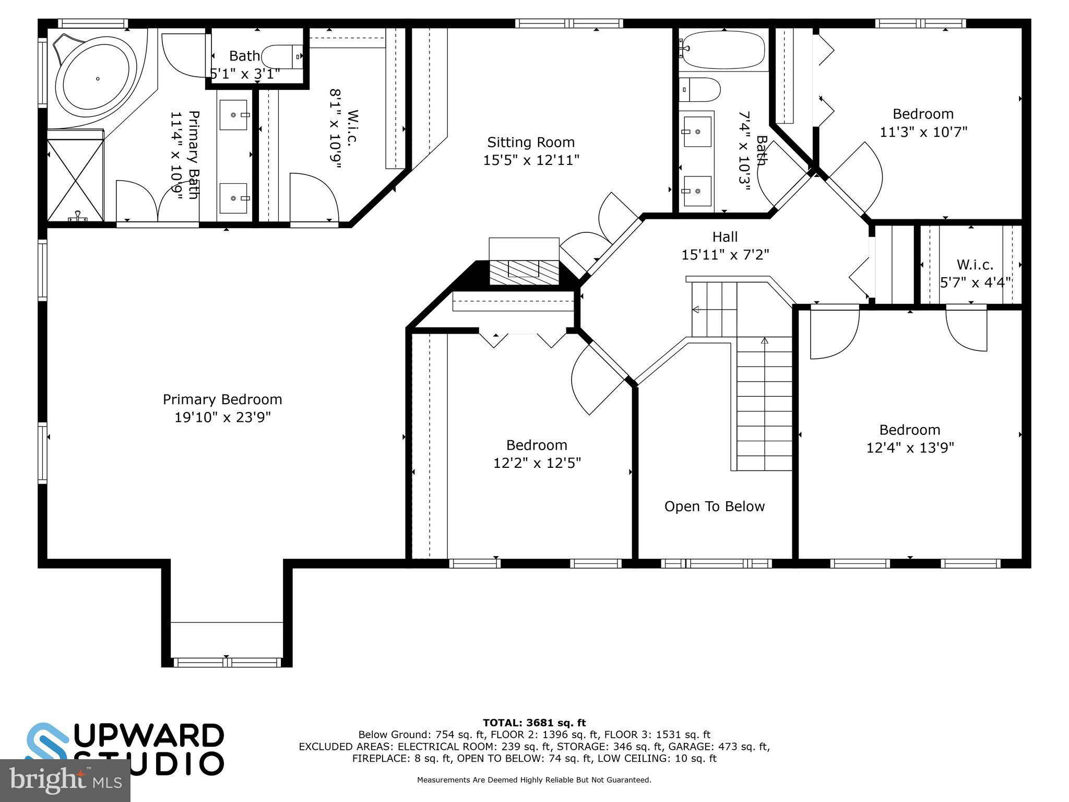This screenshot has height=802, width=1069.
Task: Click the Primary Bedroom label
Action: point(222,399)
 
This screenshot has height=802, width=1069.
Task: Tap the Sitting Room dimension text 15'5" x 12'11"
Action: point(531,160)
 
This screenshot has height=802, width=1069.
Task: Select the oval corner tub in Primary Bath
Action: point(97,79)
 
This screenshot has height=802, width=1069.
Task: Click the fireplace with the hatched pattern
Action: point(524,272)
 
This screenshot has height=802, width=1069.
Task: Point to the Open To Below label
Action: point(714,506)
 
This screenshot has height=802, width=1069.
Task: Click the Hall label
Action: point(725,237)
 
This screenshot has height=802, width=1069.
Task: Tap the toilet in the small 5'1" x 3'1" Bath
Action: point(282,56)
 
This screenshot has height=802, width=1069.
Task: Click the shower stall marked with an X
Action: point(75,179)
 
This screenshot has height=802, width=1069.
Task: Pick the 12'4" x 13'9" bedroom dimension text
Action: point(910,448)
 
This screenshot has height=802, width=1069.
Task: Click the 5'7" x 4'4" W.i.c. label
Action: point(975,265)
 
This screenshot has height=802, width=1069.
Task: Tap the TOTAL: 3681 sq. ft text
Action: point(534,723)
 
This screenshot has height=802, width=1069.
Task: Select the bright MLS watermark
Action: point(65,780)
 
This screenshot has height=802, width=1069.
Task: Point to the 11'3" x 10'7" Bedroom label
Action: point(923,114)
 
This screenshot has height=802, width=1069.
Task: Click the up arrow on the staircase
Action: point(765,341)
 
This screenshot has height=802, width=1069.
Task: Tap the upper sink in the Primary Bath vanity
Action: point(233,115)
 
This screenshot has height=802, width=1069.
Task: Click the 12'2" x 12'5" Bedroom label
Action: point(537,445)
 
